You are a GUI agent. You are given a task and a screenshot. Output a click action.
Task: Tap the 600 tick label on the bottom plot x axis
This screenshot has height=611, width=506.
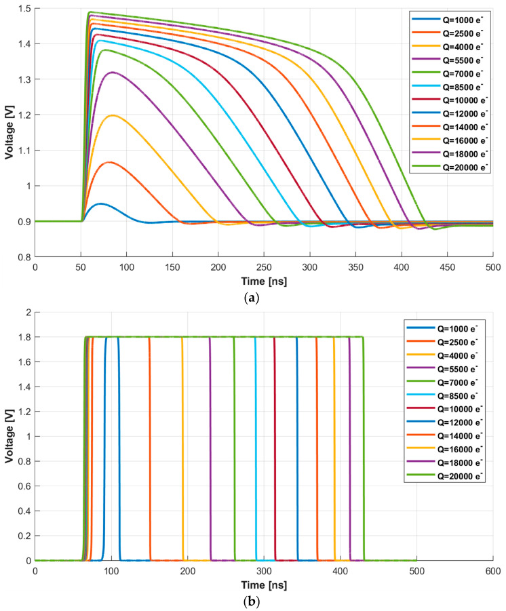(x=492, y=571)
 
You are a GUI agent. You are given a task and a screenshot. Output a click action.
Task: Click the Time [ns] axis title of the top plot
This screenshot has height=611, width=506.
(x=263, y=279)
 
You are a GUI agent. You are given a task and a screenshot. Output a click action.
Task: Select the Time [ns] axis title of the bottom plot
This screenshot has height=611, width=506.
(x=263, y=584)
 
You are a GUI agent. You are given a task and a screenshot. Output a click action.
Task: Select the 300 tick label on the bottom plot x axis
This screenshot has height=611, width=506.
(x=264, y=571)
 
